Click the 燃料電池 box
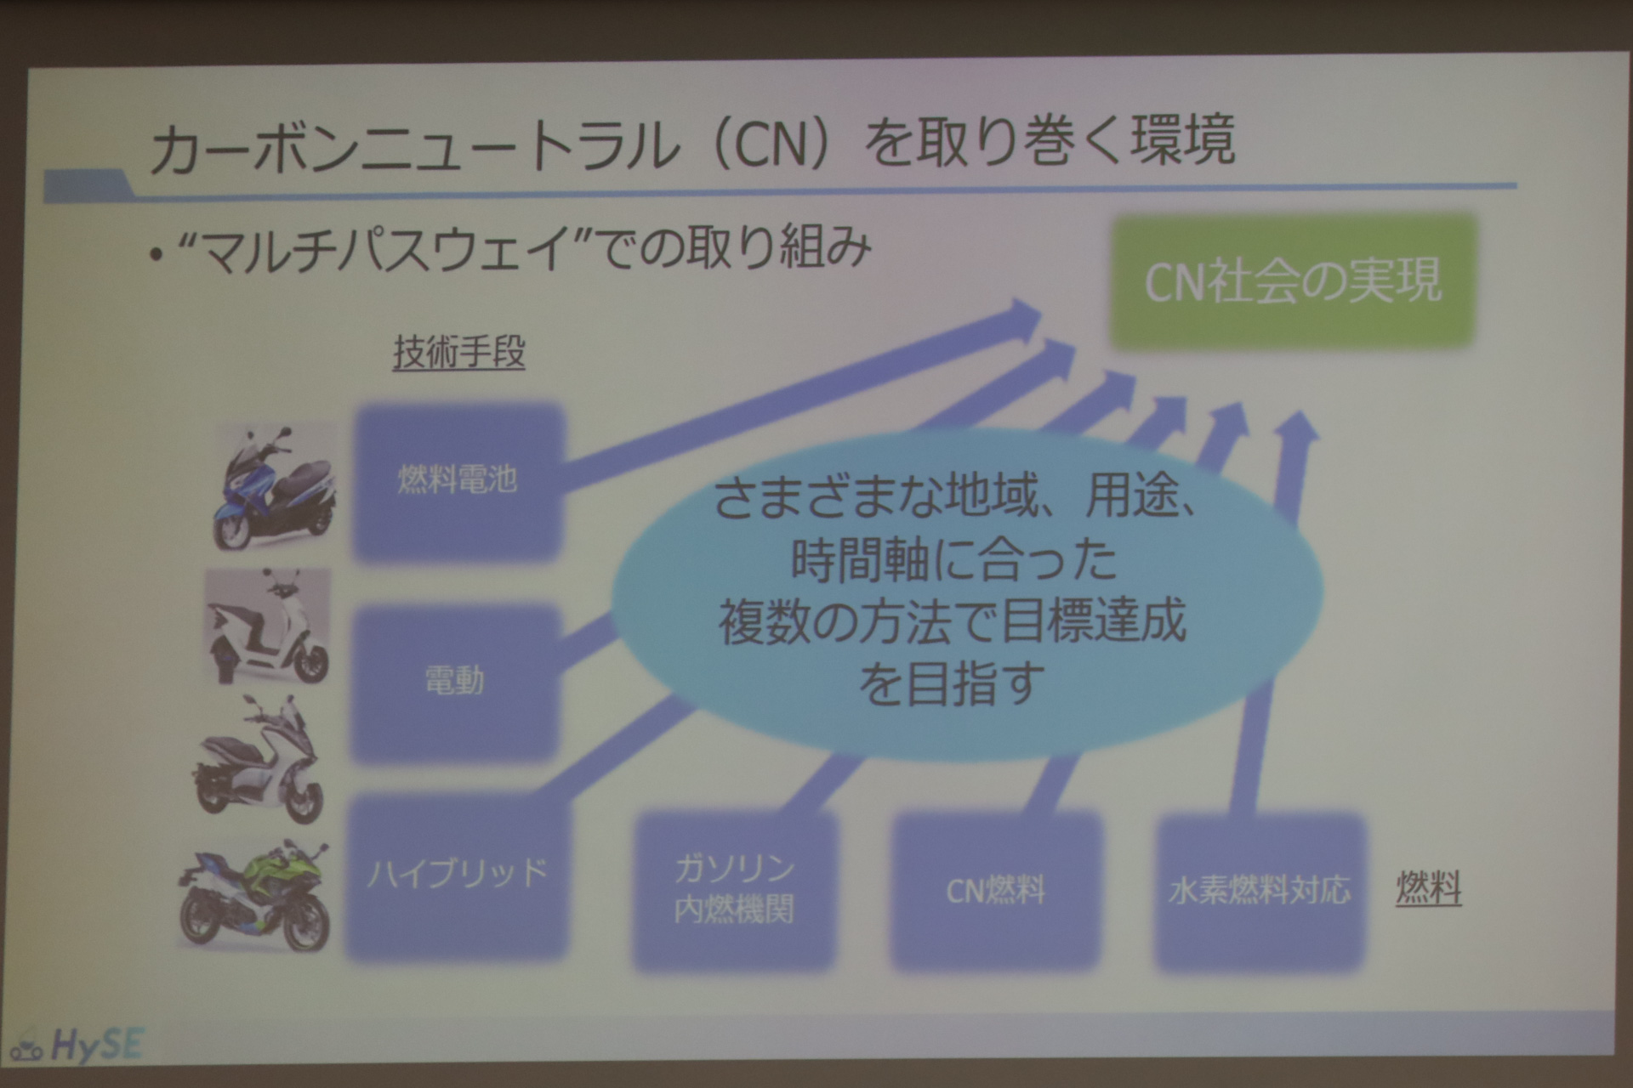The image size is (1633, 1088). pos(458,482)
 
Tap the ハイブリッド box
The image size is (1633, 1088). pos(458,875)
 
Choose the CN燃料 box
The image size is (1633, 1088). pos(995,891)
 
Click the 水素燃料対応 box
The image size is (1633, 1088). pos(1260,891)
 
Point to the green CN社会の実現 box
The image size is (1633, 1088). pos(1292,281)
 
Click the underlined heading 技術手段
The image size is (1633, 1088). pos(458,353)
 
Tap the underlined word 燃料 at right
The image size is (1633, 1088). pos(1428,889)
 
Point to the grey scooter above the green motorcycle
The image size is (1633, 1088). pos(260,761)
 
